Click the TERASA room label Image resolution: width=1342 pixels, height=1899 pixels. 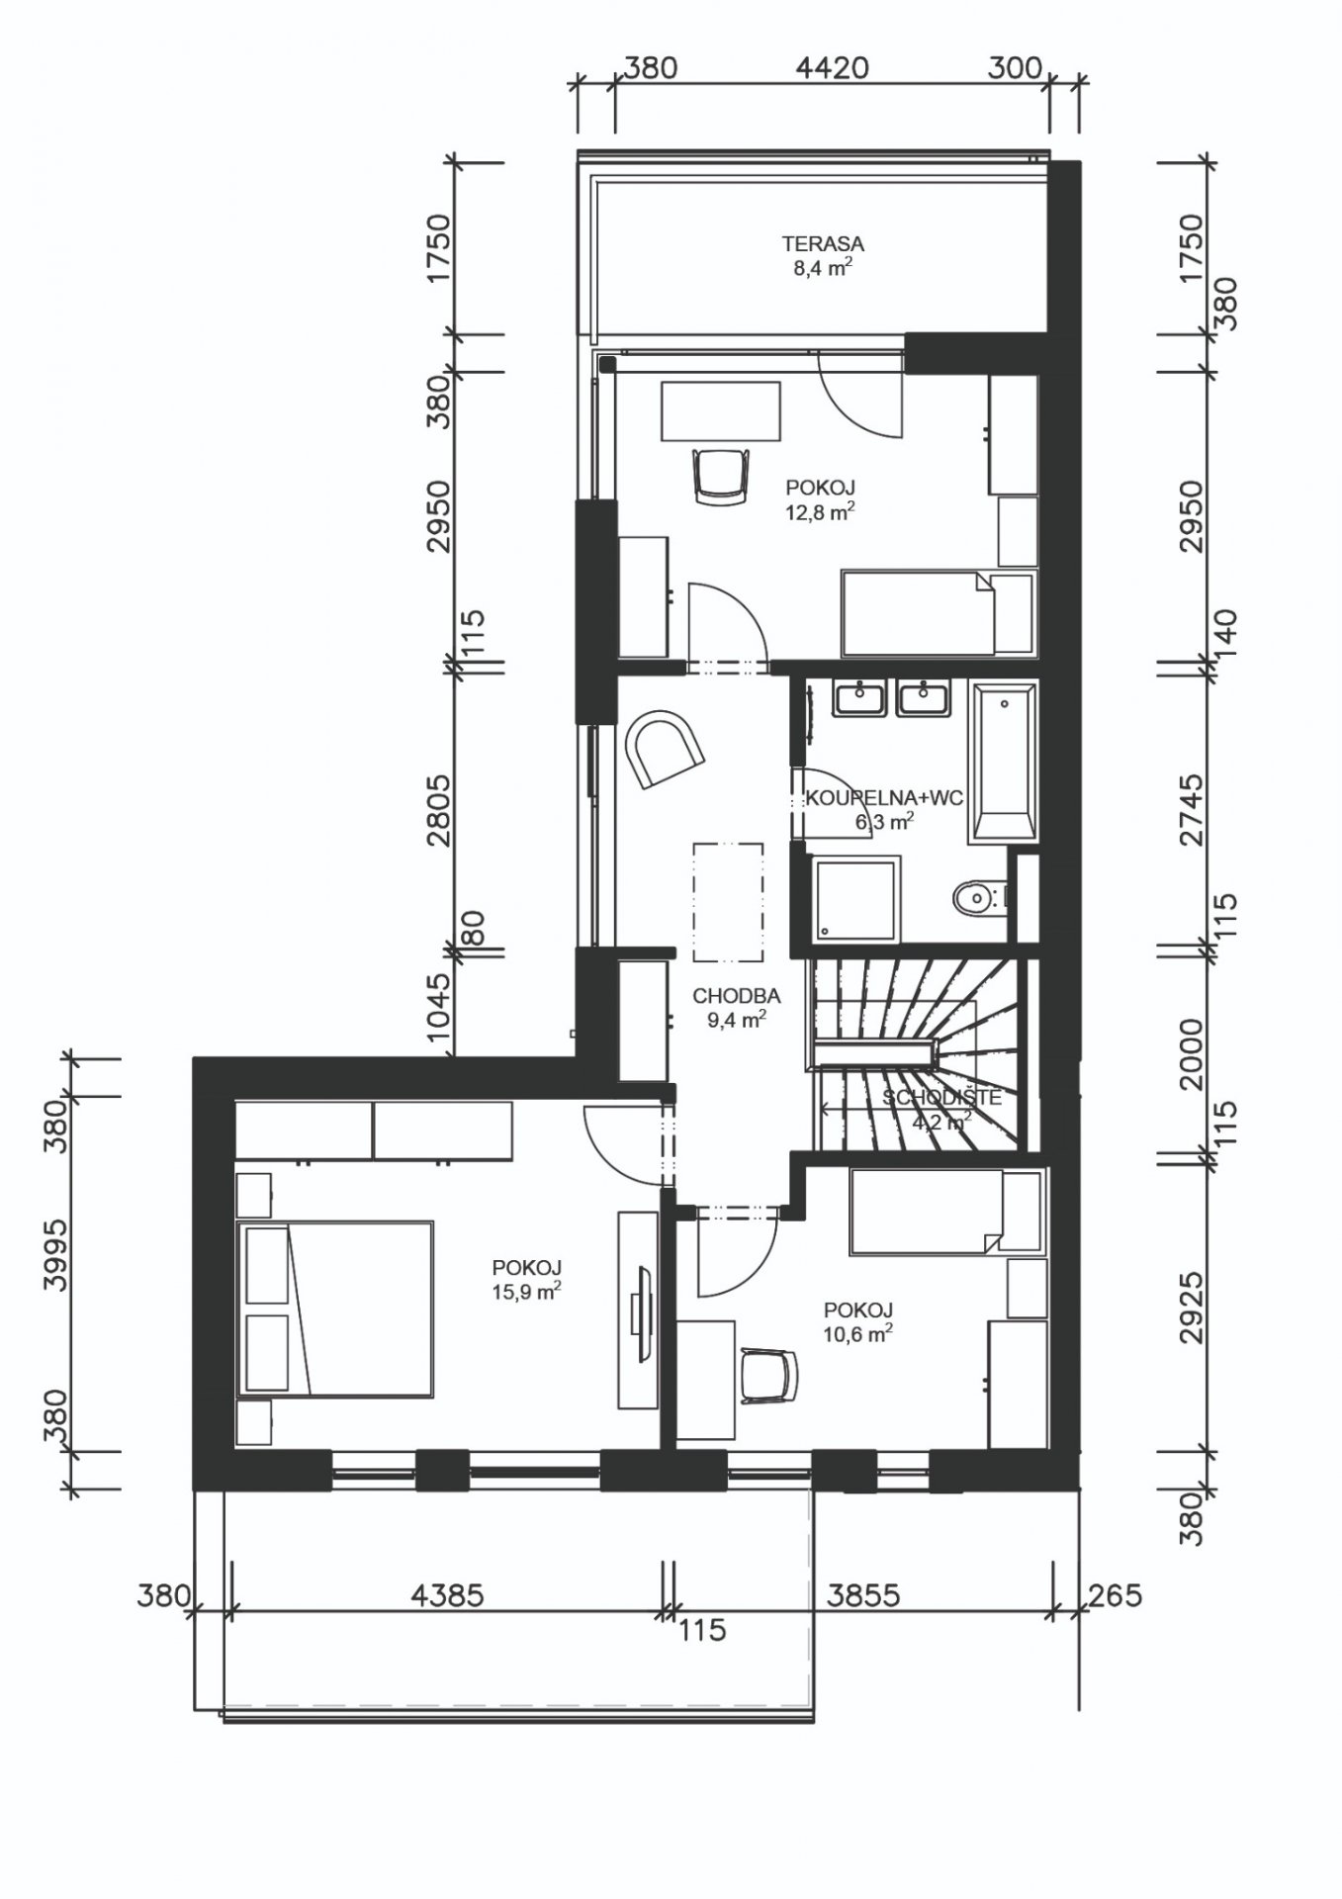[823, 243]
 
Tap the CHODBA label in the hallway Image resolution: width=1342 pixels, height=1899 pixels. [737, 996]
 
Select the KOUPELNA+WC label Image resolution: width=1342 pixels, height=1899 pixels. [884, 799]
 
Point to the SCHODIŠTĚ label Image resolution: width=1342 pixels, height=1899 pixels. [941, 1097]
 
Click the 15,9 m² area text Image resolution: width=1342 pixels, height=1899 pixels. [527, 1291]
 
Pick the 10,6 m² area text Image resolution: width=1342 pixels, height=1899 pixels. [858, 1333]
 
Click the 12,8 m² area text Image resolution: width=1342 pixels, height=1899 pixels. [820, 511]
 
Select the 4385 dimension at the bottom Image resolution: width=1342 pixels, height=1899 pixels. [447, 1595]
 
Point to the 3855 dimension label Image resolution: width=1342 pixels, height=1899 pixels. [863, 1595]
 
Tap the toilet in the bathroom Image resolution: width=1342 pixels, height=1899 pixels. [979, 899]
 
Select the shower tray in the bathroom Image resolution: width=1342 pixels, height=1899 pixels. [856, 898]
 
